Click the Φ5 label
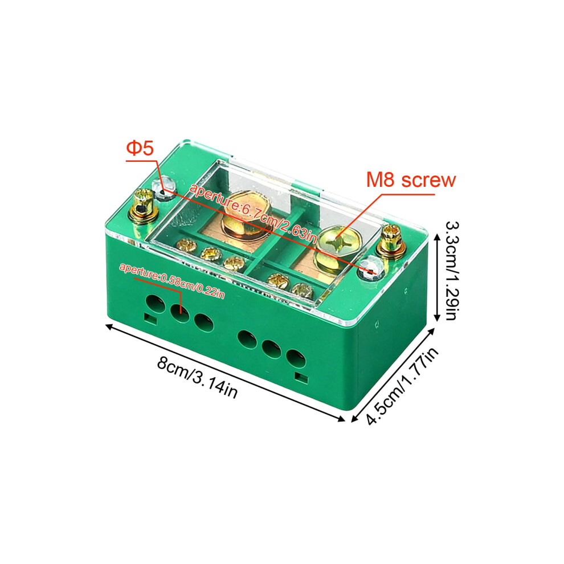[140, 148]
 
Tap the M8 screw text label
[411, 179]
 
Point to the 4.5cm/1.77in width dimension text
[403, 386]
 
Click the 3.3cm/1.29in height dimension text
[451, 271]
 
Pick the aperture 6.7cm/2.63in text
[253, 214]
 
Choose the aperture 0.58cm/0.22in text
[172, 281]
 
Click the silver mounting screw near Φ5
[164, 188]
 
